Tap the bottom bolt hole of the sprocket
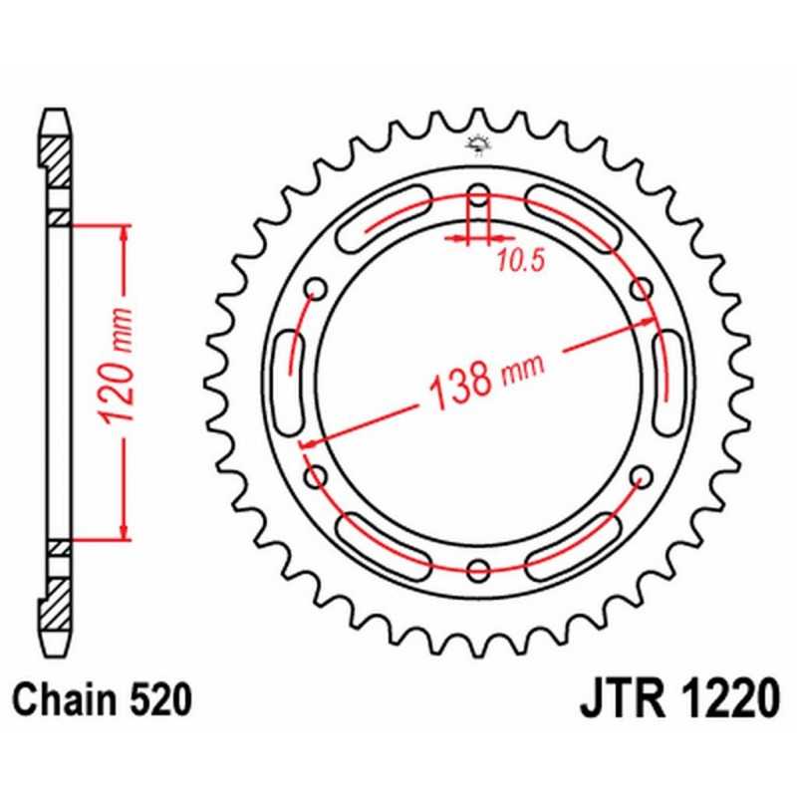[479, 569]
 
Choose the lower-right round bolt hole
[641, 476]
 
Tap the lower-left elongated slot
[385, 542]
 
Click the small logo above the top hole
[475, 146]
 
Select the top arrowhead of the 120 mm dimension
[124, 232]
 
